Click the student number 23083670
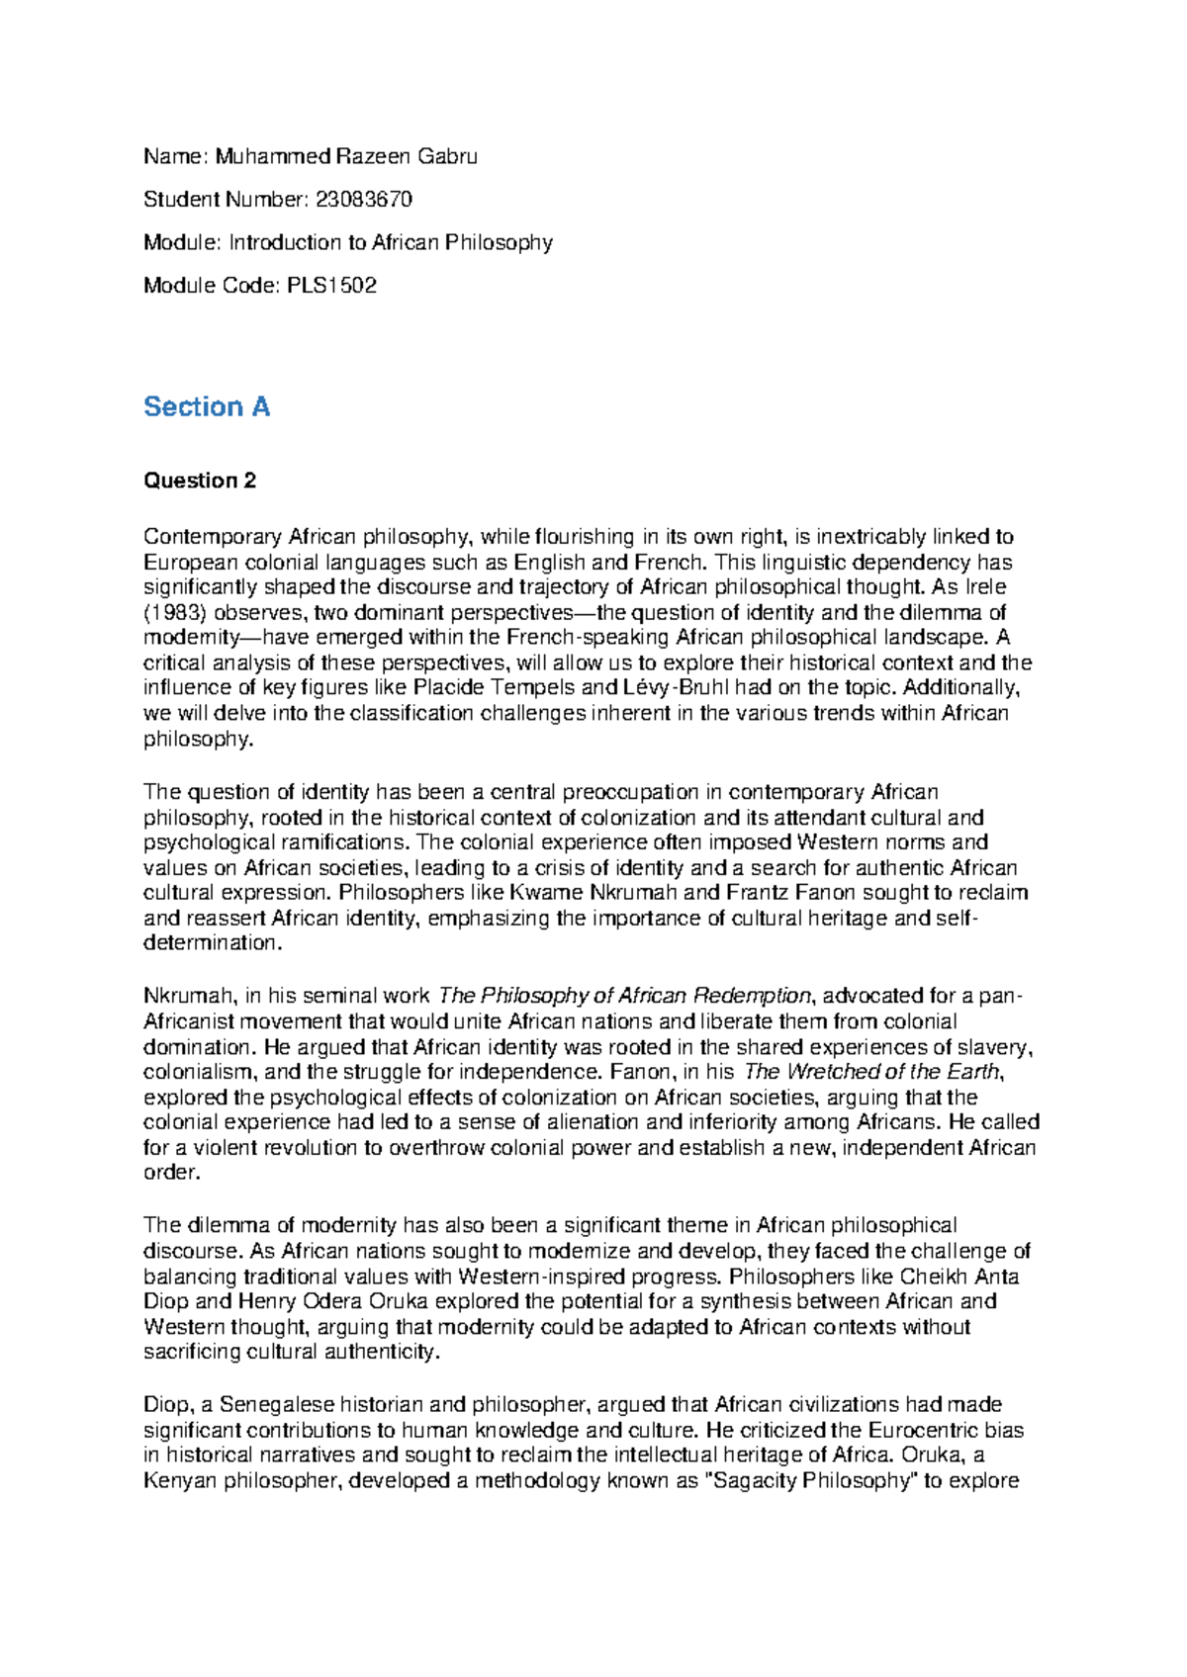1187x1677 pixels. click(x=363, y=200)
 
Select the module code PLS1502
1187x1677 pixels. click(x=331, y=286)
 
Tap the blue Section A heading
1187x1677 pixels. click(x=207, y=406)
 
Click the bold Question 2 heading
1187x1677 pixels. click(x=200, y=481)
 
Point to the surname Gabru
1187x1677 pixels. click(x=447, y=156)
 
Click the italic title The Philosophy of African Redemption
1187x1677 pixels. click(x=624, y=996)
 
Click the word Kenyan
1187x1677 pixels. click(x=180, y=1481)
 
